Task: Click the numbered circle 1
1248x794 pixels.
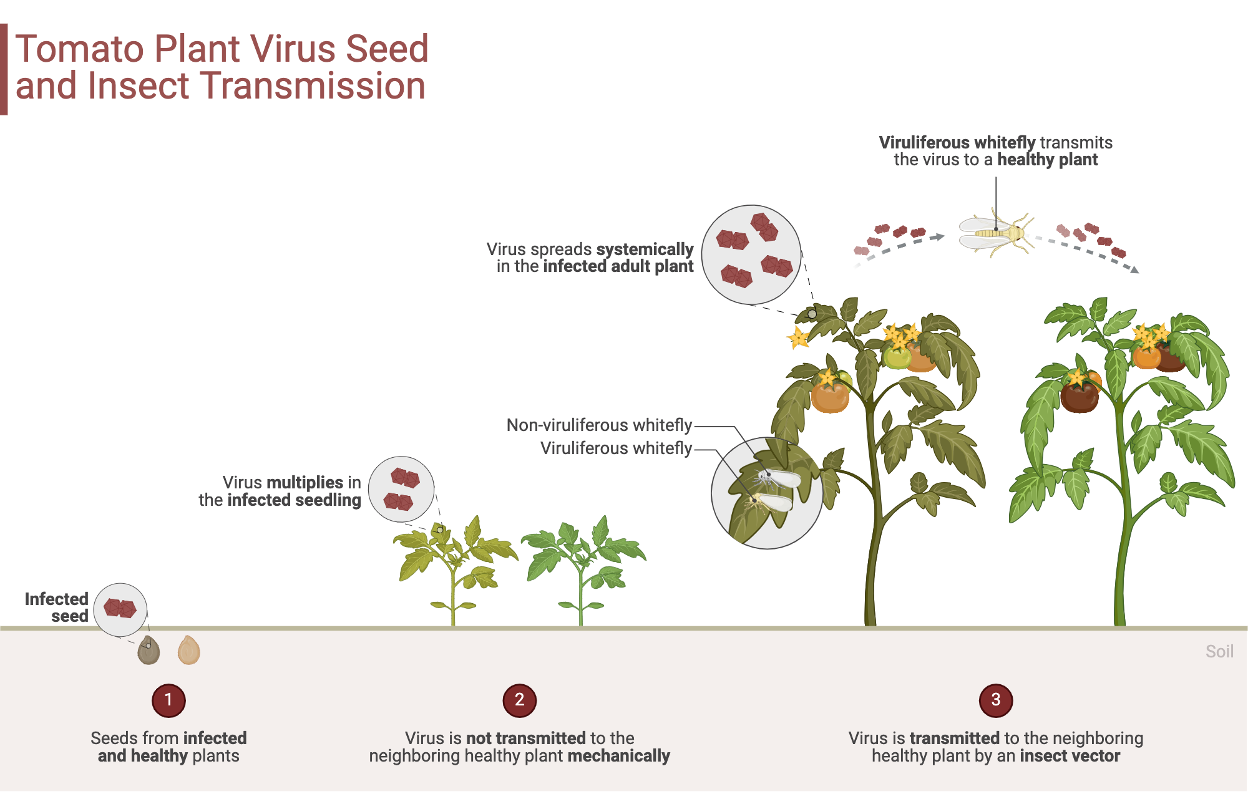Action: point(168,700)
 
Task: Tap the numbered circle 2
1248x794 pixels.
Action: point(519,700)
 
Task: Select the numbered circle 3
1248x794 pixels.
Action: point(995,700)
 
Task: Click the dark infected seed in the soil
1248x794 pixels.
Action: point(149,651)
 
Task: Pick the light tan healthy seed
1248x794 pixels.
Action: point(188,650)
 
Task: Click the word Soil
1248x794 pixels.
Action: point(1219,652)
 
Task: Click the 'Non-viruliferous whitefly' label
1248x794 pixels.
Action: point(599,425)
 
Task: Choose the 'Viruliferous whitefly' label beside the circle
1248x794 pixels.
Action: point(616,448)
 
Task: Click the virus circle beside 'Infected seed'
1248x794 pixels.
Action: point(120,609)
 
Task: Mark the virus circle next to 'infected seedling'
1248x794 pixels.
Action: point(401,489)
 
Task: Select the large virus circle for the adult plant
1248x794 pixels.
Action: point(751,254)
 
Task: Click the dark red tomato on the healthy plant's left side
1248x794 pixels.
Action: point(1079,397)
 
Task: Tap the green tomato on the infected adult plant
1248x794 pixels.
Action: point(897,357)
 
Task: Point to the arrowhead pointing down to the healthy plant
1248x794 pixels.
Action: point(1134,269)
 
